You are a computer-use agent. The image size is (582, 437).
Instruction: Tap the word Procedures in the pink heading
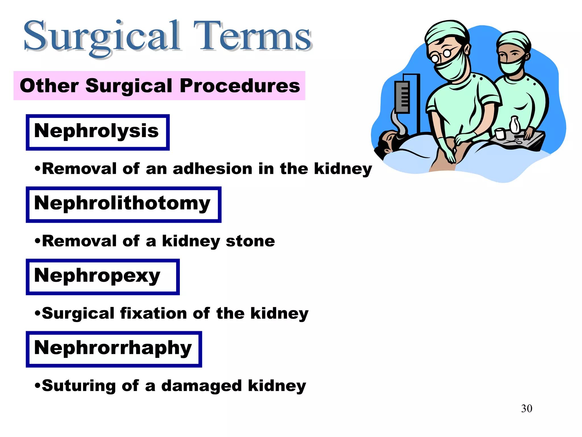(240, 86)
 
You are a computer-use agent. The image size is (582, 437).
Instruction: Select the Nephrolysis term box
(97, 132)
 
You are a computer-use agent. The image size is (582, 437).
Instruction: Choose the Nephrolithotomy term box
(123, 205)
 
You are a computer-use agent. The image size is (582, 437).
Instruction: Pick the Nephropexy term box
(103, 277)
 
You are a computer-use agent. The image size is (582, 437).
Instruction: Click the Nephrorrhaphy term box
(114, 349)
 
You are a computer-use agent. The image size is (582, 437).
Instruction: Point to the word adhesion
(212, 169)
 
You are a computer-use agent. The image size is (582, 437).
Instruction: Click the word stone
(250, 241)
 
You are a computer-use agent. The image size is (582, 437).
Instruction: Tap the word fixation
(154, 314)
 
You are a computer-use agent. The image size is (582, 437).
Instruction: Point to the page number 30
(526, 409)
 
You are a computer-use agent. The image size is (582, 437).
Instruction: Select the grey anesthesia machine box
(402, 97)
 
